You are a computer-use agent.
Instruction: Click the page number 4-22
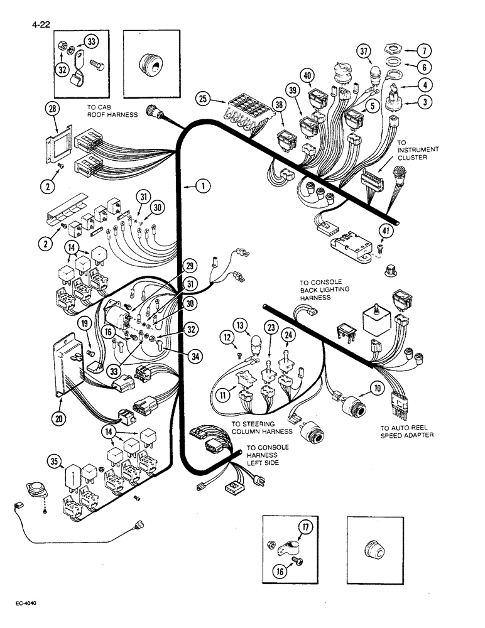[x=38, y=26]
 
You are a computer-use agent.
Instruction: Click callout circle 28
[x=52, y=110]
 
